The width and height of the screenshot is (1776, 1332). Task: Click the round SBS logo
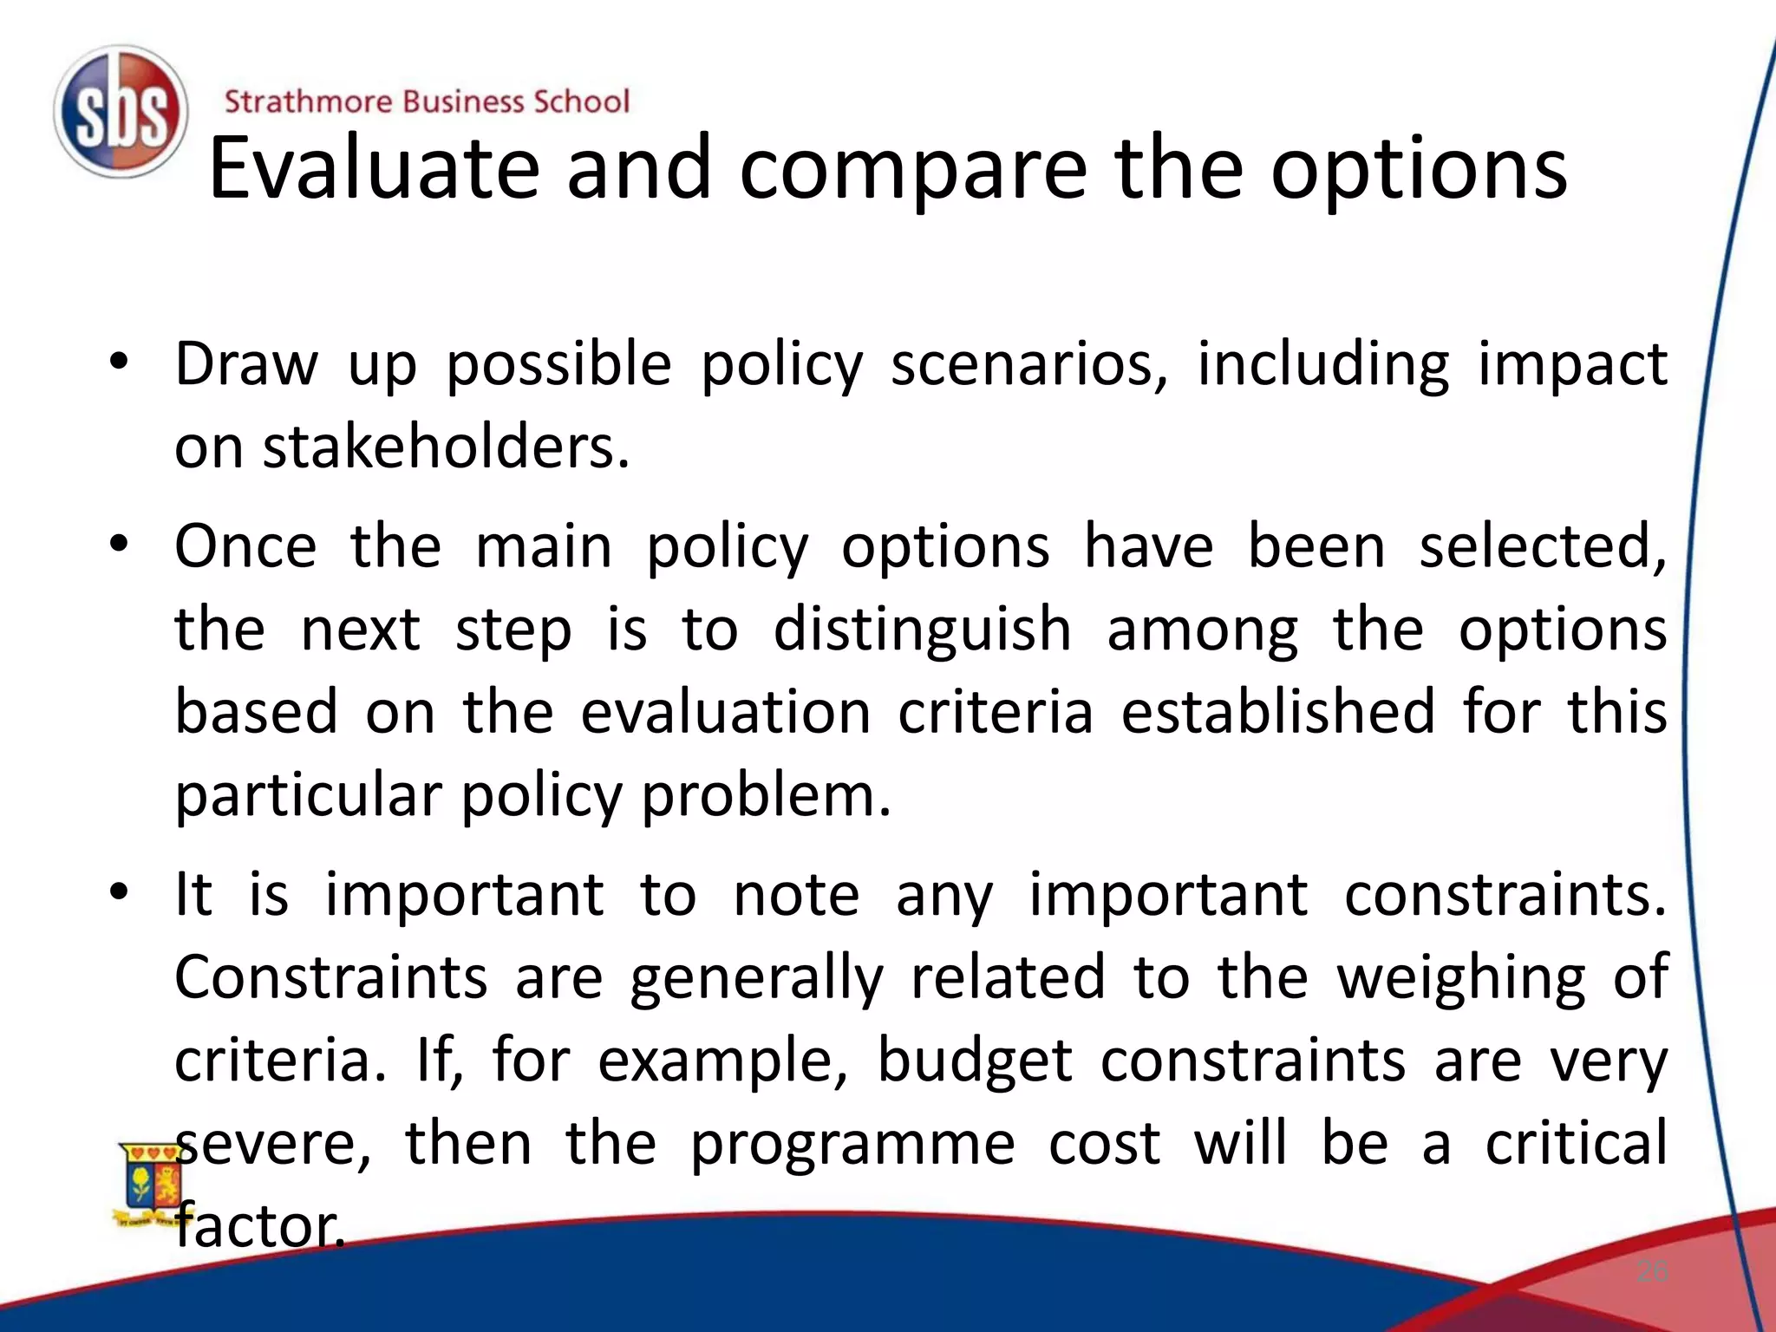(x=121, y=113)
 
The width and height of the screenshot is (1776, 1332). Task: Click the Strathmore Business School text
(x=427, y=101)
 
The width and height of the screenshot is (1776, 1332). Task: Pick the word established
(x=1278, y=713)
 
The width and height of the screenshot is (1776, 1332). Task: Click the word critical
(x=1576, y=1143)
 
